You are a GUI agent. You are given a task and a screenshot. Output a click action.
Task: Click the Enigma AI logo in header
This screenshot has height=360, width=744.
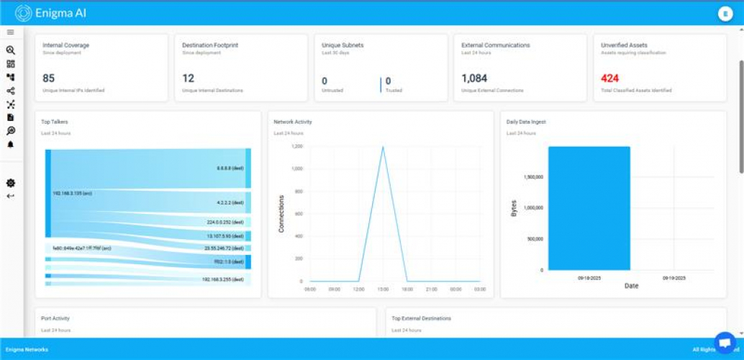(x=23, y=13)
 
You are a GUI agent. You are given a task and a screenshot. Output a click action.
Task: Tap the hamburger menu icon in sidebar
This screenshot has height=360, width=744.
(x=10, y=32)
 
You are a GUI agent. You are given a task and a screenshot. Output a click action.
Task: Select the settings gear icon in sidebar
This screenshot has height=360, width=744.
(x=10, y=183)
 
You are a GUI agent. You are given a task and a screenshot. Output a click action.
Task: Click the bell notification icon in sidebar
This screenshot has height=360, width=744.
(x=10, y=144)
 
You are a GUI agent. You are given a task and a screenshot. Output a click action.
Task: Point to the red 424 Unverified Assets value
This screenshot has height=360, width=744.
(x=610, y=78)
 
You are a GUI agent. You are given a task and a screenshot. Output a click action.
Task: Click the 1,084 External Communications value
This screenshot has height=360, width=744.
(x=474, y=78)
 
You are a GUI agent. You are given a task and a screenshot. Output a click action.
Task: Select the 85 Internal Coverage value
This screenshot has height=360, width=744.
(x=49, y=78)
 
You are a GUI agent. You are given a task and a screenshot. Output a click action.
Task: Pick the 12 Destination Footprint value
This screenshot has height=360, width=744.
(x=189, y=78)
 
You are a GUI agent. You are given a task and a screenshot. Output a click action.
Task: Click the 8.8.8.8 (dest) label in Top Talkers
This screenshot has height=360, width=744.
(x=230, y=168)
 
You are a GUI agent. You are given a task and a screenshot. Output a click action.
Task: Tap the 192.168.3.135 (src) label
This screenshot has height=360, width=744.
(x=72, y=193)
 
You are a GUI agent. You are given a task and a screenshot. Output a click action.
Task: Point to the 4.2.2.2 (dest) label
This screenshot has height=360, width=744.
(x=230, y=203)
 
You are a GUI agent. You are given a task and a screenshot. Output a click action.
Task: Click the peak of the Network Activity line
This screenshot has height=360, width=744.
(x=383, y=147)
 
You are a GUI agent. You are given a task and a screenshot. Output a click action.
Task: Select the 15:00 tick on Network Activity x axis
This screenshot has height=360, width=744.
(x=383, y=289)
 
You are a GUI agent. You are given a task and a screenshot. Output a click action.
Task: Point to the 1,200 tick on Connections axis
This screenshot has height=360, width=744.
(x=296, y=146)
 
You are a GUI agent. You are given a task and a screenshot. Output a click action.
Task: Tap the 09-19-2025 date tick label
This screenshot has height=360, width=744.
(x=674, y=277)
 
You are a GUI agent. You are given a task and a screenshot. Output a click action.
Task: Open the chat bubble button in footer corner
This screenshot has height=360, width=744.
(x=725, y=343)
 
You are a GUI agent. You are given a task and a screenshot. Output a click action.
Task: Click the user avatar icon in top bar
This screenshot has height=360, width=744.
(x=724, y=13)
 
